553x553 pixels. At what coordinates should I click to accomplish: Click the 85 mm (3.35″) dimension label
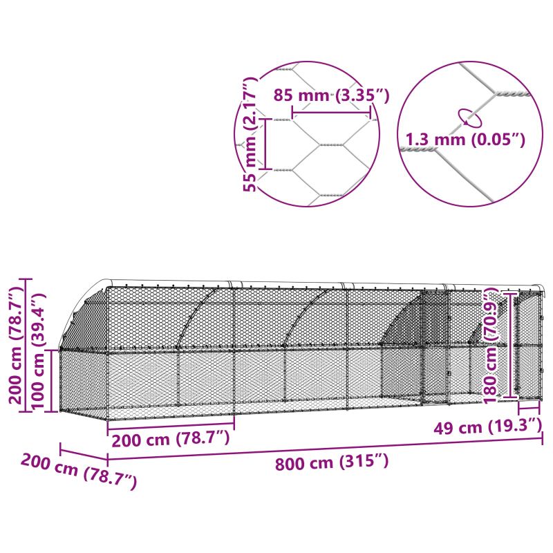tap(332, 95)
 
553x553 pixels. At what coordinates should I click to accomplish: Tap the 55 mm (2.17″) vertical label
tap(250, 134)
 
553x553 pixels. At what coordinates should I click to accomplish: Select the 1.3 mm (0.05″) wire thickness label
tap(465, 140)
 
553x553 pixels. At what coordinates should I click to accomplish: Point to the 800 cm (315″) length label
tap(332, 462)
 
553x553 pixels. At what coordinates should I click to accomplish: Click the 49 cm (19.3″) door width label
tap(487, 427)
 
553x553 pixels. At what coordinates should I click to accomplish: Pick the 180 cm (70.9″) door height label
tap(491, 346)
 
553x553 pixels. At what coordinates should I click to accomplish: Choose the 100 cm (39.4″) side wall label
tap(38, 351)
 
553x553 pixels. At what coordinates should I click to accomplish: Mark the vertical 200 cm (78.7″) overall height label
tap(16, 344)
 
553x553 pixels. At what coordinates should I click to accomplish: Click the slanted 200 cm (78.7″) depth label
tap(79, 471)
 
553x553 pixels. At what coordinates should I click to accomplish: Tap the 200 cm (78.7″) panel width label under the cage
tap(171, 439)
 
